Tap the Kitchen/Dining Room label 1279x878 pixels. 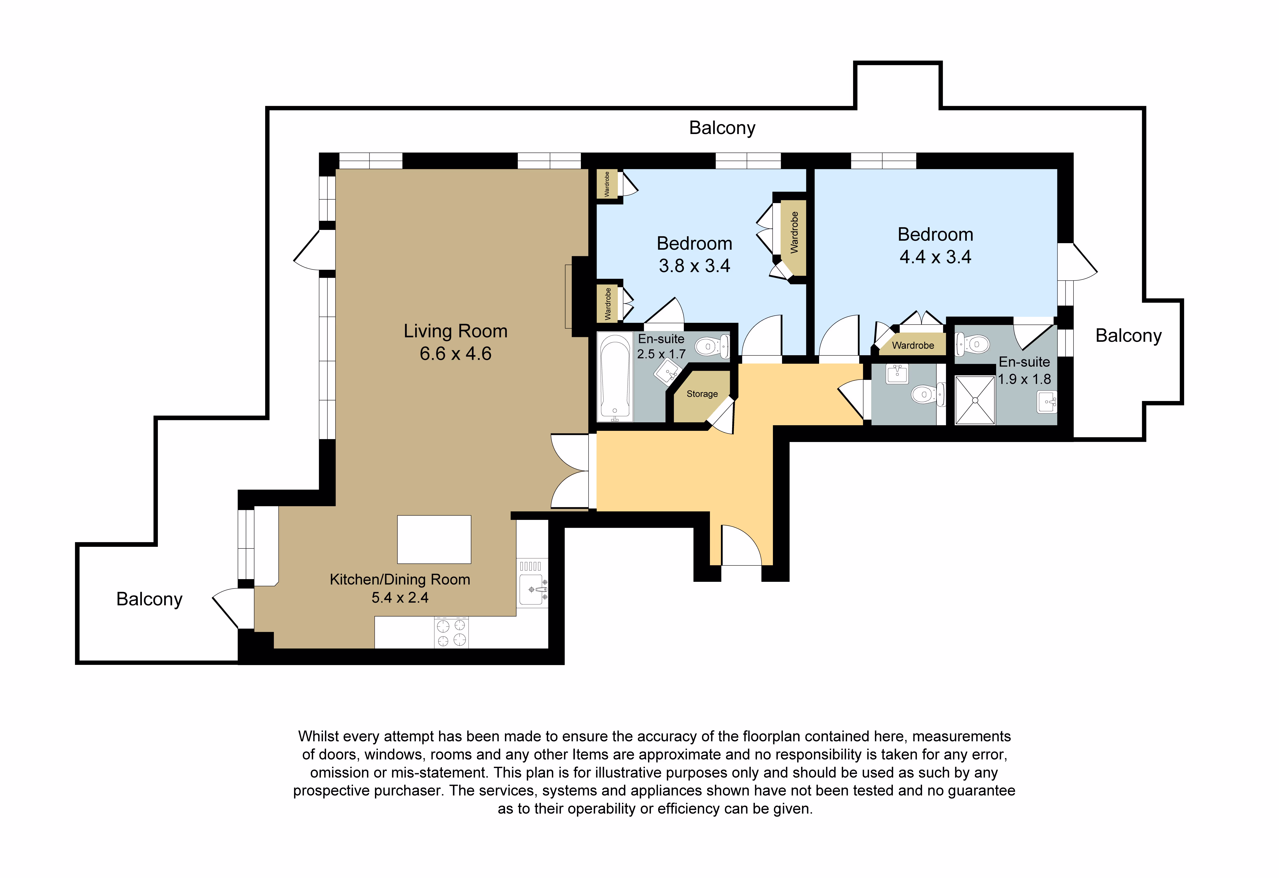[400, 579]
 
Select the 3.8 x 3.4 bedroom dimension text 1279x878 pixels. [695, 266]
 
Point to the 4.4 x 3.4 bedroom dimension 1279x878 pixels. [936, 257]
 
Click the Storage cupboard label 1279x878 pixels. [702, 394]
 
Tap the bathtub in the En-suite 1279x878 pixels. [615, 377]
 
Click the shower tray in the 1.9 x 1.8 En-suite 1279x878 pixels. [975, 400]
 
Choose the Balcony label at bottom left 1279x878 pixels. [149, 599]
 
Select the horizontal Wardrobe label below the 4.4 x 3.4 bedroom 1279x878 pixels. [913, 345]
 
